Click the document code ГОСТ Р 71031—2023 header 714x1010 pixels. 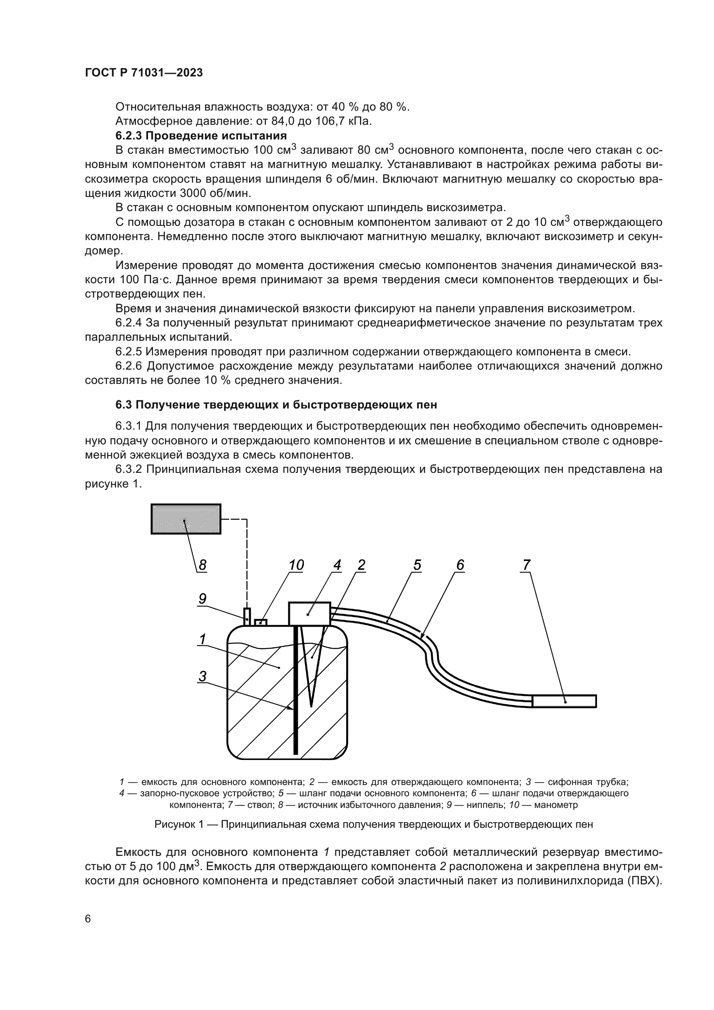144,73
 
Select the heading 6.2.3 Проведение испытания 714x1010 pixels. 201,135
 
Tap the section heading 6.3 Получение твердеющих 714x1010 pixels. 276,405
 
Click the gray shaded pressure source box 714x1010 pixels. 186,519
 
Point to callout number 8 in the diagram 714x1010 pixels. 202,565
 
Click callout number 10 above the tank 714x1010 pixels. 296,565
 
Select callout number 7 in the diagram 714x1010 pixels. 526,565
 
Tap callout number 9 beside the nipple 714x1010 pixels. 202,598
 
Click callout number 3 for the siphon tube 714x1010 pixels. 202,676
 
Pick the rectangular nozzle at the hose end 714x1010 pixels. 564,701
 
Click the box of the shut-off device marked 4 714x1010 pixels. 309,613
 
